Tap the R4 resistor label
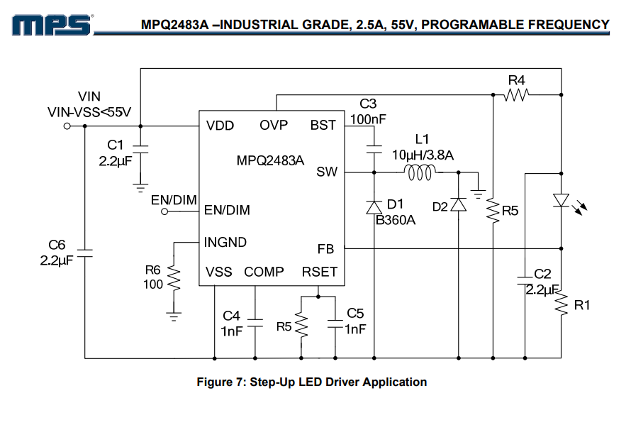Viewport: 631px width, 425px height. click(516, 80)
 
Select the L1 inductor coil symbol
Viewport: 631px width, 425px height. click(420, 172)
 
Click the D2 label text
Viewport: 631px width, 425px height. click(440, 207)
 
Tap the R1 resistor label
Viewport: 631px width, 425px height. click(582, 305)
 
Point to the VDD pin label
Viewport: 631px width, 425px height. click(220, 126)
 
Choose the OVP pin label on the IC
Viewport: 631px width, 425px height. click(274, 126)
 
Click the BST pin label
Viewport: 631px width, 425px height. click(323, 126)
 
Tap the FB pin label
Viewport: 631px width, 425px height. click(326, 248)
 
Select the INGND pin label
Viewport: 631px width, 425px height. click(225, 242)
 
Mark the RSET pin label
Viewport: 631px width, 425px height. click(320, 272)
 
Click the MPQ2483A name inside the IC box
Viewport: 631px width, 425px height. click(270, 160)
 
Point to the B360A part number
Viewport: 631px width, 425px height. click(395, 219)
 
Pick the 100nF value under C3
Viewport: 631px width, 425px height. click(368, 118)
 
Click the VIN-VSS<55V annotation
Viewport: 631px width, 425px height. click(89, 112)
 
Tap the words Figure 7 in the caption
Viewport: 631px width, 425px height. click(220, 382)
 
